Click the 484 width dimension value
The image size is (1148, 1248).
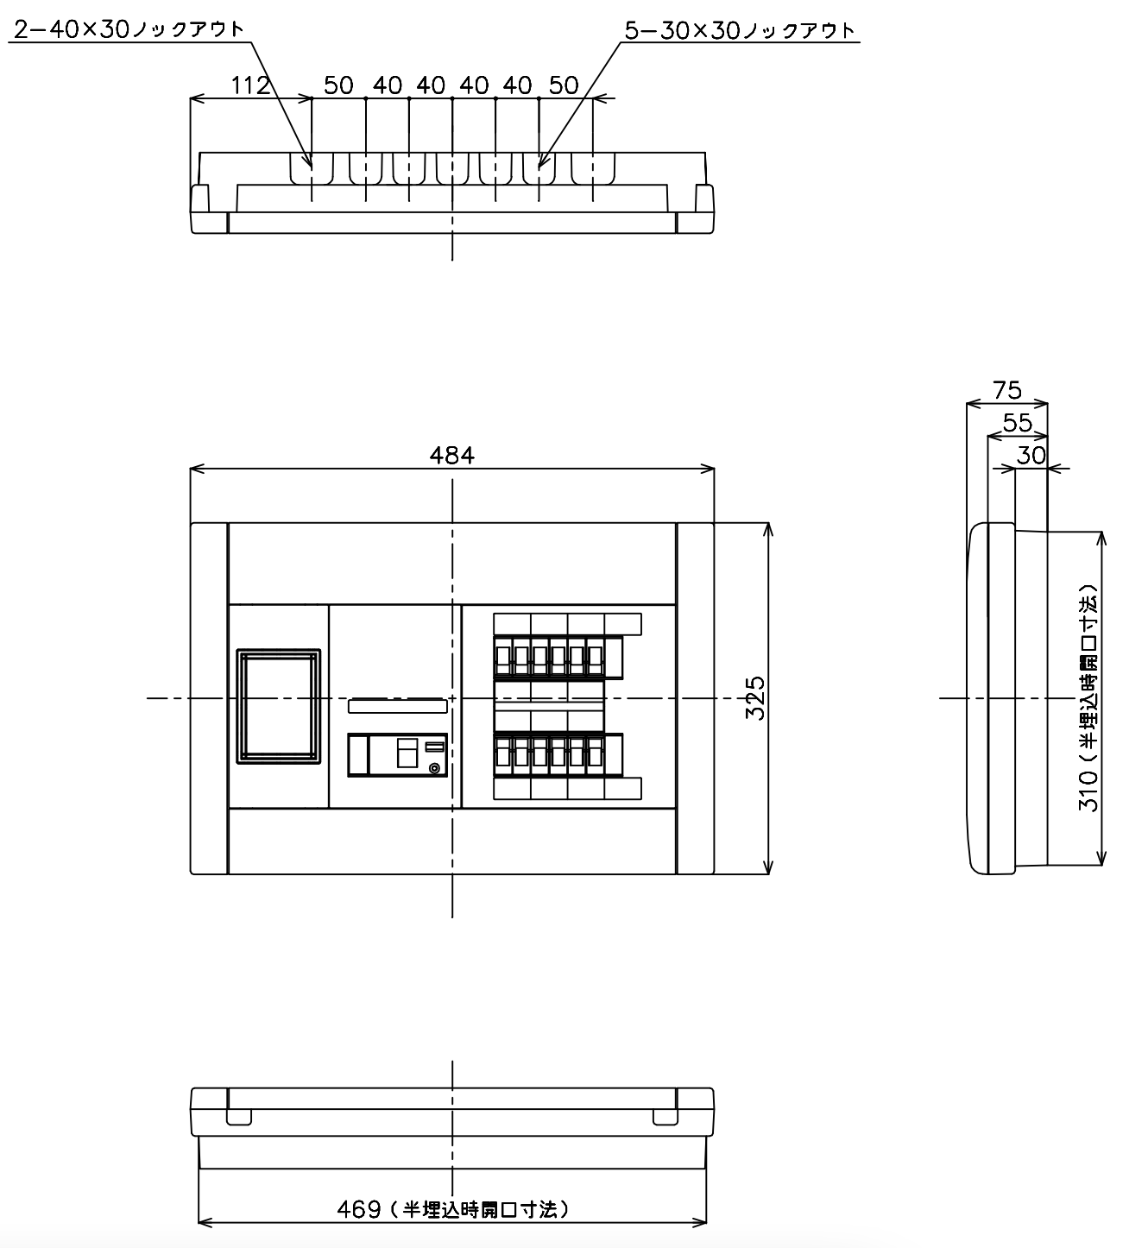[451, 456]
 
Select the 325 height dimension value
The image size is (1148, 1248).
[755, 698]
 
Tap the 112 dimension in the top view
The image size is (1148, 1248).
[250, 85]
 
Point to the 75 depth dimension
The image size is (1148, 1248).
[1007, 391]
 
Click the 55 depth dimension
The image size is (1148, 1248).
[1018, 423]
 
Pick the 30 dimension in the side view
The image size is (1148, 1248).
[1031, 456]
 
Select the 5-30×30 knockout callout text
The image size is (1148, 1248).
[741, 30]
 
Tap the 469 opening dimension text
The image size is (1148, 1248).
[453, 1209]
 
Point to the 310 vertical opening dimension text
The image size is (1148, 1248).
[1088, 697]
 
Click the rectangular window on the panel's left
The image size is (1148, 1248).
[278, 706]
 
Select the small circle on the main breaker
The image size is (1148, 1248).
[434, 768]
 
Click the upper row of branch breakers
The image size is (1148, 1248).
[558, 657]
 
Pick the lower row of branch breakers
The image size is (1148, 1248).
[558, 755]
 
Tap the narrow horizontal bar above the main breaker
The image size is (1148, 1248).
[398, 706]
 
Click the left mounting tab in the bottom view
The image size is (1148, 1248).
[239, 1118]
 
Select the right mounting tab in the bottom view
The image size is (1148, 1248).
[665, 1118]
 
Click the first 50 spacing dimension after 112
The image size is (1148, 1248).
[338, 85]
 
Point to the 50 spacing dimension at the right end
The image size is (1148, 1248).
[564, 85]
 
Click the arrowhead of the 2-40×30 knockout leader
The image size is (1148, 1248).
[311, 167]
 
